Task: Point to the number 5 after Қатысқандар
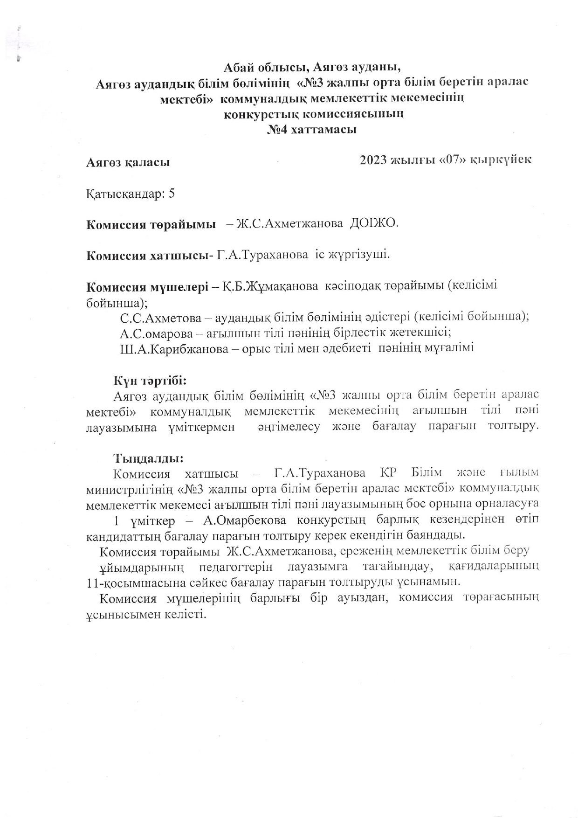click(x=172, y=194)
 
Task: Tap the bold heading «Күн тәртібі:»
click(x=150, y=380)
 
